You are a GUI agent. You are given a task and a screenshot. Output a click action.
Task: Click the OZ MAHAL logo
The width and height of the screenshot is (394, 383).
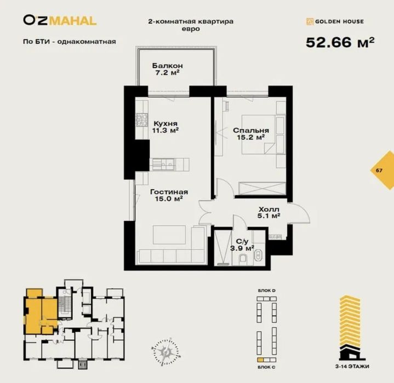click(60, 21)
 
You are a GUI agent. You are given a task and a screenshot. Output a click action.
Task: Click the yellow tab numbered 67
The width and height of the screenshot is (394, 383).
click(379, 170)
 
